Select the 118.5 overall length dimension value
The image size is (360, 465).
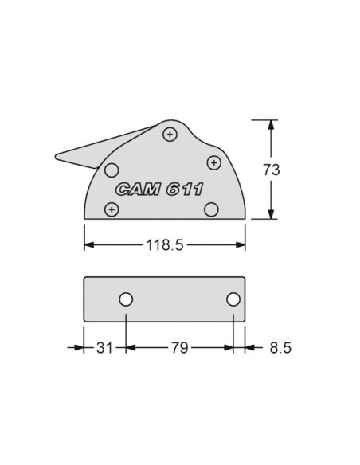point(165,245)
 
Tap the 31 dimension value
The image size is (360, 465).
point(104,348)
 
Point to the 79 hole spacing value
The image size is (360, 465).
point(179,348)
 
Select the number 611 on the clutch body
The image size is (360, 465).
point(184,190)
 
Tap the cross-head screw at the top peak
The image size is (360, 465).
point(170,134)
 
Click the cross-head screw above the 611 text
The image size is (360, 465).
point(213,162)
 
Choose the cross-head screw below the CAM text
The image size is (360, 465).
point(112,209)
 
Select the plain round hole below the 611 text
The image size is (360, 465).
point(211,209)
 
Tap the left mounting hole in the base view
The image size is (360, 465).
point(126,299)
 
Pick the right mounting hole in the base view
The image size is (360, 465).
point(233,299)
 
